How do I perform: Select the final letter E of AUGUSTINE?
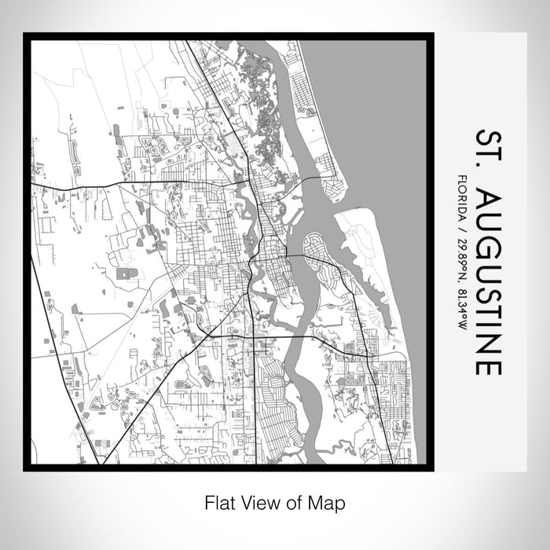(487, 365)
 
